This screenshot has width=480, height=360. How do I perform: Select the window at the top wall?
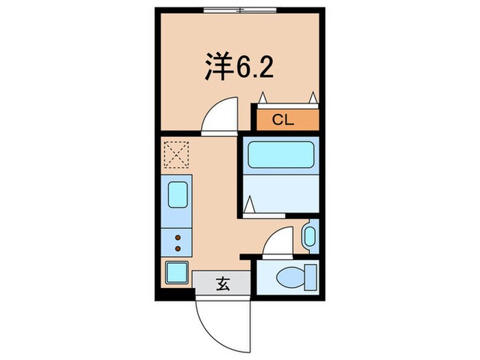pyautogui.click(x=241, y=10)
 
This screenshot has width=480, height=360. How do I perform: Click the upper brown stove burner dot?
pyautogui.click(x=178, y=237)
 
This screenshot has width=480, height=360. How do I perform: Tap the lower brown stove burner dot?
pyautogui.click(x=178, y=248)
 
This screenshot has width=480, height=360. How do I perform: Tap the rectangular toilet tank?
pyautogui.click(x=311, y=278)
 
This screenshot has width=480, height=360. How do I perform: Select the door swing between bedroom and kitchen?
pyautogui.click(x=221, y=114)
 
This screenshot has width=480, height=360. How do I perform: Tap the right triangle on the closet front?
pyautogui.click(x=313, y=98)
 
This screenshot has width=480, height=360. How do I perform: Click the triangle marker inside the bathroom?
pyautogui.click(x=251, y=204)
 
